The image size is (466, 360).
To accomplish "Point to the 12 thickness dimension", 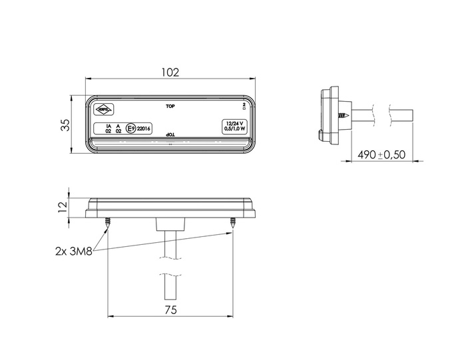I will pyautogui.click(x=63, y=208).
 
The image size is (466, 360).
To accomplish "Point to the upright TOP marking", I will pyautogui.click(x=170, y=106).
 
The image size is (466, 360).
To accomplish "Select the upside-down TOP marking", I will pyautogui.click(x=170, y=134).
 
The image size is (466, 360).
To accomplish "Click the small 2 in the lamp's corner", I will pyautogui.click(x=244, y=104).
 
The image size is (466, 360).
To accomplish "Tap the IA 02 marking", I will pyautogui.click(x=109, y=128).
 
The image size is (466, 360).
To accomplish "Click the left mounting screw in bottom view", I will pyautogui.click(x=107, y=224).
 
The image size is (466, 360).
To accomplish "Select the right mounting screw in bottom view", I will pyautogui.click(x=233, y=224).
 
